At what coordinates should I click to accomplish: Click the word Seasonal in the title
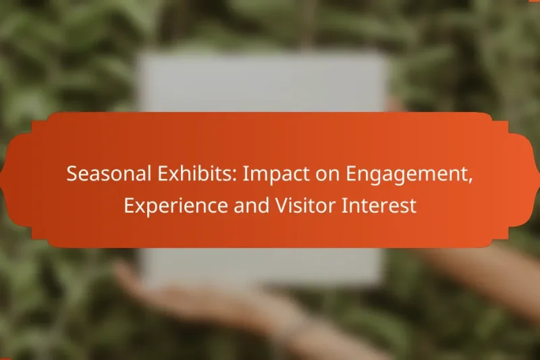point(103,174)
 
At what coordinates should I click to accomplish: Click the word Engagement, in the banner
point(399,176)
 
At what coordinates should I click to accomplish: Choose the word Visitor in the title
point(305,206)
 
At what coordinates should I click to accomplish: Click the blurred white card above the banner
point(263,81)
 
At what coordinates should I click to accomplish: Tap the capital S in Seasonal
point(71,174)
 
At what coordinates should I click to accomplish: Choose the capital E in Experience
point(128,206)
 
